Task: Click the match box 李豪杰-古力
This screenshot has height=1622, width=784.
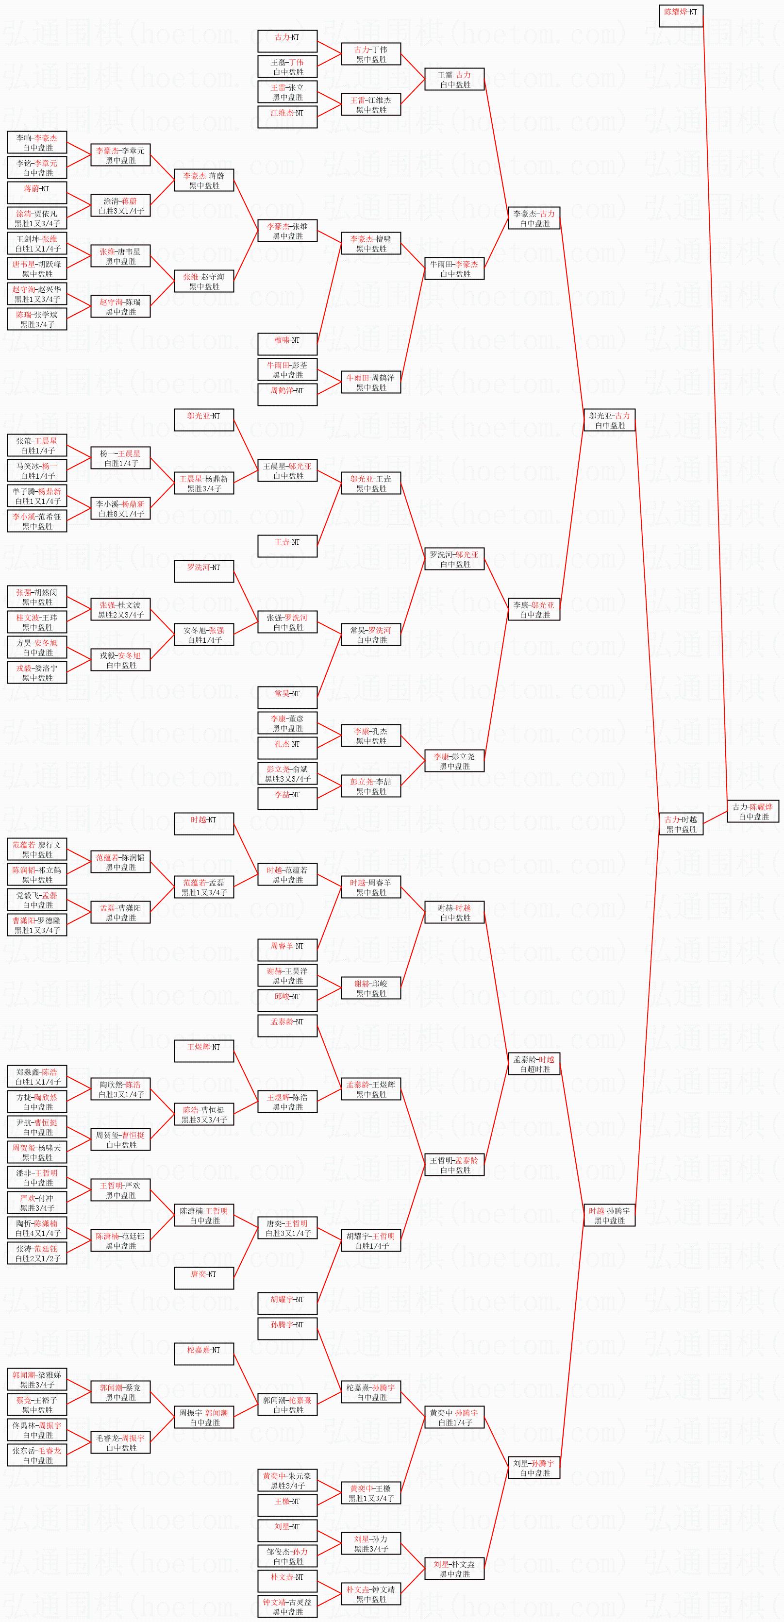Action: tap(534, 218)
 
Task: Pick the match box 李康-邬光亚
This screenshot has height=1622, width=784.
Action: tap(534, 609)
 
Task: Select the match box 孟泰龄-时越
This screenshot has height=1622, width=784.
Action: tap(534, 1064)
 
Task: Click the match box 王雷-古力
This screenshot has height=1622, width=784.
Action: tap(454, 79)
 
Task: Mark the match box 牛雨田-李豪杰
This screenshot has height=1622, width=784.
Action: tap(454, 269)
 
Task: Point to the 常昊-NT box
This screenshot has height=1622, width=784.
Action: tap(287, 698)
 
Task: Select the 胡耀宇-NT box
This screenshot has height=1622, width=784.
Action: tap(287, 1304)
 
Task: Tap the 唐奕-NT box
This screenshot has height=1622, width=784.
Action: tap(204, 1278)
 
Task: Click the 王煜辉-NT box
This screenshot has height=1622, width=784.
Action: tap(204, 1051)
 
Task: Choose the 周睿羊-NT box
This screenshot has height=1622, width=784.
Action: tap(287, 950)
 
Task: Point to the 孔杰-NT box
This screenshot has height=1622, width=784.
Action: tap(287, 748)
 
